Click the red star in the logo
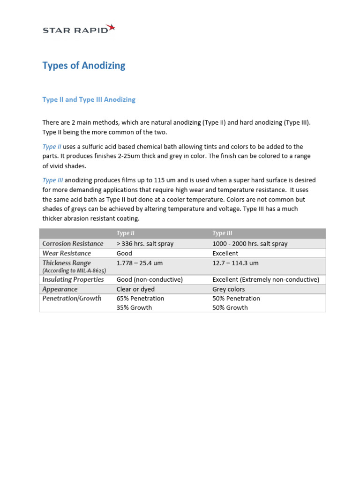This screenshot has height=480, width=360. tap(111, 28)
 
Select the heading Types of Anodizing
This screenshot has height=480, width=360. tap(84, 66)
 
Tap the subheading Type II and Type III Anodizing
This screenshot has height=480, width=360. tap(89, 99)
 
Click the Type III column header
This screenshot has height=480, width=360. tap(222, 233)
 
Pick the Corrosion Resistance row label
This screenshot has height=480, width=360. tap(73, 244)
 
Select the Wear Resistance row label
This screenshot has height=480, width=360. tap(67, 253)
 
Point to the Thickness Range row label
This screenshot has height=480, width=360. tap(67, 263)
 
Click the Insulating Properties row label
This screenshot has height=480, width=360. tap(73, 279)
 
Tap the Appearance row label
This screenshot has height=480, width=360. tap(60, 289)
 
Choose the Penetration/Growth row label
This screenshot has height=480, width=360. tap(72, 299)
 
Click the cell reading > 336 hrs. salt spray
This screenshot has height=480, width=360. tap(144, 244)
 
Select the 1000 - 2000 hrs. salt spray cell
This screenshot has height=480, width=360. tap(250, 244)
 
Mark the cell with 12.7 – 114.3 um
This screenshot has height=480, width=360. tap(235, 263)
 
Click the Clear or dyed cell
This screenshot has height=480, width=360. tap(136, 289)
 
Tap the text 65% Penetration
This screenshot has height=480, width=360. tap(140, 299)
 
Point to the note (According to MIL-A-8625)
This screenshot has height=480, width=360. tap(74, 271)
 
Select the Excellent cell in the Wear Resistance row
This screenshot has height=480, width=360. tap(225, 253)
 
